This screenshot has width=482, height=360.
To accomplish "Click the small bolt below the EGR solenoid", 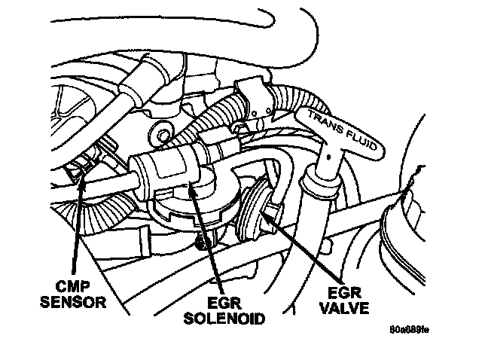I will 199,243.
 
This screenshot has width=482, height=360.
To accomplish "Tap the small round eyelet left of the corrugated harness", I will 157,136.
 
